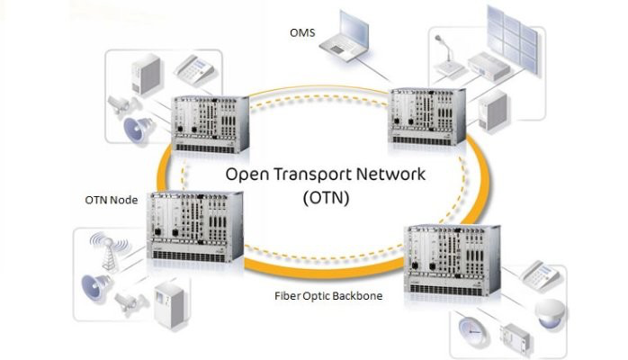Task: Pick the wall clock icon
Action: [x=472, y=328]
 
